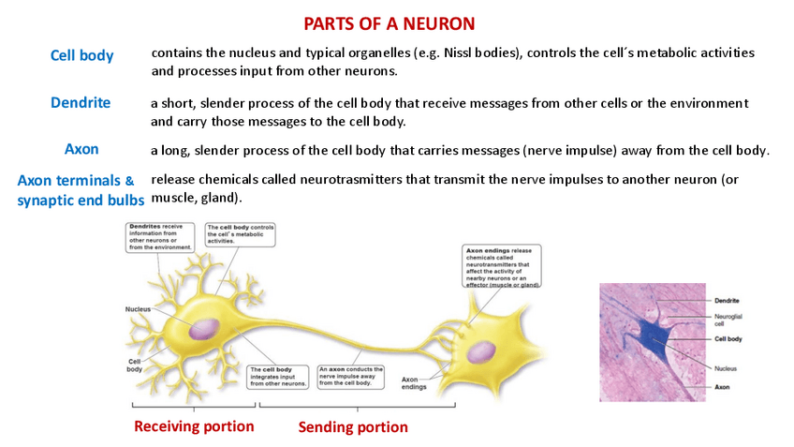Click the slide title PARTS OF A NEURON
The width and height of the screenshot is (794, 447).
390,23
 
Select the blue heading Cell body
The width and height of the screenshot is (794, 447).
81,55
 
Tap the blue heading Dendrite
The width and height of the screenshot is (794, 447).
81,102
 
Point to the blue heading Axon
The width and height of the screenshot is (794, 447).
81,149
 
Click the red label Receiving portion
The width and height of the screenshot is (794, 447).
194,426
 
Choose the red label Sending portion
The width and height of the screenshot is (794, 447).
353,427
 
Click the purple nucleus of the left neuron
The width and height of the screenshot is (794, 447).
205,329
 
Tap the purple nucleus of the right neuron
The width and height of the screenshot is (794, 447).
481,351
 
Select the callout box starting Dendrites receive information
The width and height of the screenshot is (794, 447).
160,236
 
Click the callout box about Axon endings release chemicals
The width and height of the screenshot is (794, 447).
502,267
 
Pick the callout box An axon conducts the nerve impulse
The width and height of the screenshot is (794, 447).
351,376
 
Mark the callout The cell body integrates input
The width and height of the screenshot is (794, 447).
278,376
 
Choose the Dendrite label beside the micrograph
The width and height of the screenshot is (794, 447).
727,301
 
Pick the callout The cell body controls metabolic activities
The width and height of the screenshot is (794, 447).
240,233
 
